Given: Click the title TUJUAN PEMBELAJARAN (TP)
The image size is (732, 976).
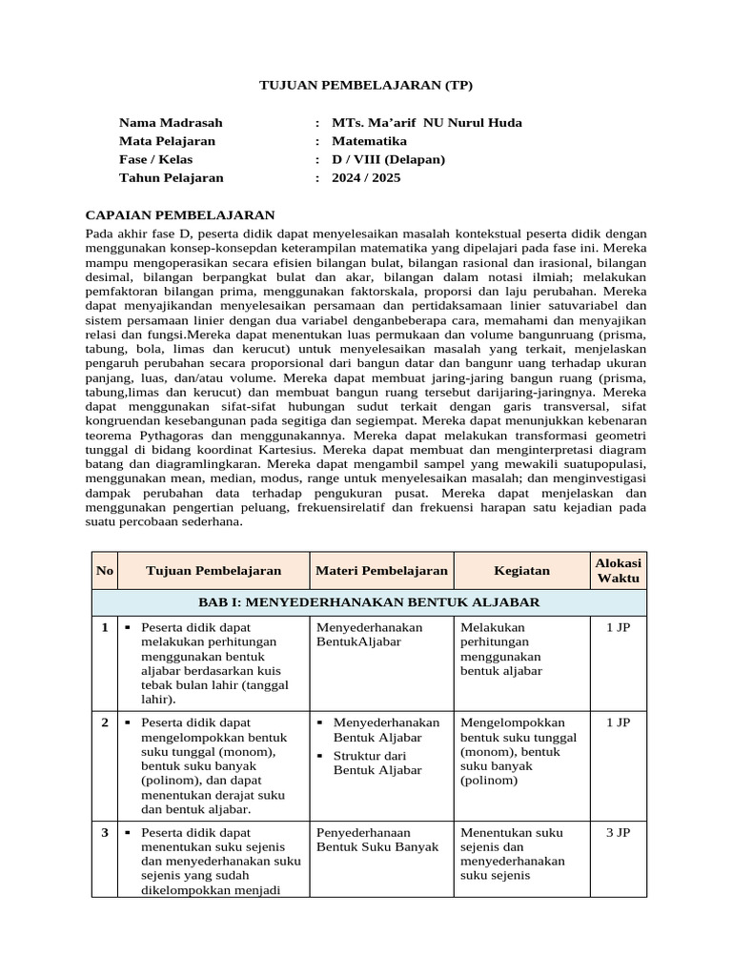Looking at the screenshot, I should [366, 86].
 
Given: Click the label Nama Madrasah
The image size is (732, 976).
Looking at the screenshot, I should [170, 123].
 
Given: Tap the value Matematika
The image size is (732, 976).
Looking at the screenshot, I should [369, 141].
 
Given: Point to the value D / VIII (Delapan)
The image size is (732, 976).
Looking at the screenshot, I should [388, 159].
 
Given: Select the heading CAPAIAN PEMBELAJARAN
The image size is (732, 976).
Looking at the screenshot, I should [180, 215].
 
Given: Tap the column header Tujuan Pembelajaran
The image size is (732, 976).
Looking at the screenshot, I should [213, 571].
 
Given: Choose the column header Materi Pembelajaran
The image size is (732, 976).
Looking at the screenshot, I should [381, 571].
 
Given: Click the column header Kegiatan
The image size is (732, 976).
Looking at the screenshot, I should [521, 571].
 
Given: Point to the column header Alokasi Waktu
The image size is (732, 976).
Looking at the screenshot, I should [618, 571].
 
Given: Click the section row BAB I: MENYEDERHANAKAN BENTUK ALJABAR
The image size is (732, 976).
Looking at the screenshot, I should [369, 602].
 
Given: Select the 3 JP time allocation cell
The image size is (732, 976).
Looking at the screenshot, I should [618, 832].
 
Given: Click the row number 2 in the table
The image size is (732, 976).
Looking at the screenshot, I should [104, 722].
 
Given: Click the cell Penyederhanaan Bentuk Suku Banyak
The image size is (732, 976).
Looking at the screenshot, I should [376, 839].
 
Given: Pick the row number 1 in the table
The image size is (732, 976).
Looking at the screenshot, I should [104, 627].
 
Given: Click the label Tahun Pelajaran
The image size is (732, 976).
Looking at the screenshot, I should [171, 177].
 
